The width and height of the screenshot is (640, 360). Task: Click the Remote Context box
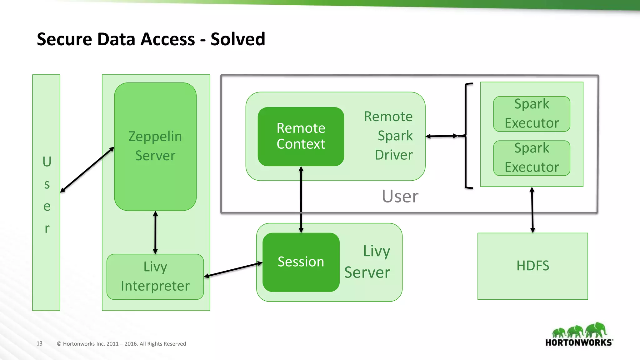click(301, 136)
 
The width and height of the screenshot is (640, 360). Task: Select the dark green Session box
click(301, 262)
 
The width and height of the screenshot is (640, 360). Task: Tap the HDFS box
click(532, 266)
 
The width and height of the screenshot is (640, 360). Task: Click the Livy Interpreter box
click(155, 277)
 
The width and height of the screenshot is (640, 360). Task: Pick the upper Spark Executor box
click(532, 114)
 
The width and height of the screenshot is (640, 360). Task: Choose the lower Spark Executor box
click(532, 158)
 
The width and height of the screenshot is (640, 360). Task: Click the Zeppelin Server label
click(155, 146)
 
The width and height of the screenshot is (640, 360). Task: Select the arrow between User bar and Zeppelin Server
click(87, 170)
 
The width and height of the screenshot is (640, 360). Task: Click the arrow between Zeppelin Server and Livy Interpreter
click(155, 232)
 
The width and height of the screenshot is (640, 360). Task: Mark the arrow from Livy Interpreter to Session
click(233, 270)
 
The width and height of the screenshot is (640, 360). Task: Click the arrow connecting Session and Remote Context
click(301, 200)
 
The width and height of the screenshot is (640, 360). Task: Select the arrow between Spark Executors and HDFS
click(532, 210)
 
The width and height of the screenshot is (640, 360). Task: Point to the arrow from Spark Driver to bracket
click(442, 136)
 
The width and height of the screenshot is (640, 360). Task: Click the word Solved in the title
click(237, 39)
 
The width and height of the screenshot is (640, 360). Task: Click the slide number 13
click(39, 343)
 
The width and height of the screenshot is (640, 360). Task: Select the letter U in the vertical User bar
click(47, 162)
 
